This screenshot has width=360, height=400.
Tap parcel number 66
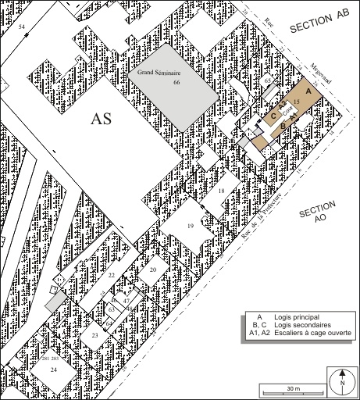[176, 81]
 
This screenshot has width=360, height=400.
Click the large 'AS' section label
[106, 120]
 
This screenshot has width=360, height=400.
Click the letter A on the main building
[308, 91]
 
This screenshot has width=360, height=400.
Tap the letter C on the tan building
[273, 118]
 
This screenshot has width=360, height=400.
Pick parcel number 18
[221, 191]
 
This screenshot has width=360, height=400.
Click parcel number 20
[153, 270]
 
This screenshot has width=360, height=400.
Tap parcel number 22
[112, 276]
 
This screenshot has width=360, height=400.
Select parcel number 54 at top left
[22, 27]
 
